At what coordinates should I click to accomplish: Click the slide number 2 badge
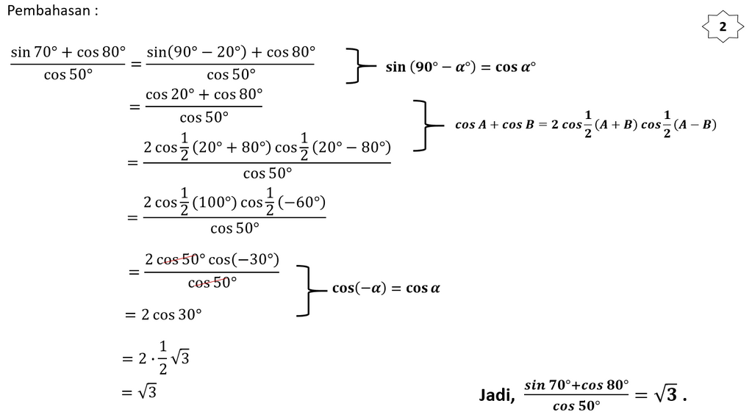723,27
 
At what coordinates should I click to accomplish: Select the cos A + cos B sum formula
586,125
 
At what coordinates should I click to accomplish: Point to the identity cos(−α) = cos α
386,288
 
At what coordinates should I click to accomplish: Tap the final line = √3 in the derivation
140,392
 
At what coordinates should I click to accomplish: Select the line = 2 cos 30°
162,314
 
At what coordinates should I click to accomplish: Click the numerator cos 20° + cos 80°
204,94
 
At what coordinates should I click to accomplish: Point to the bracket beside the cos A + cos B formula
423,126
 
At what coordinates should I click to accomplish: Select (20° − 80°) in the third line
351,147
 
